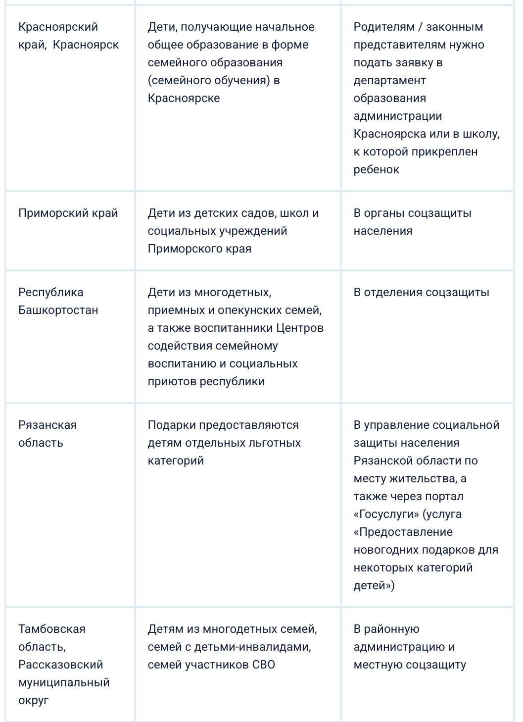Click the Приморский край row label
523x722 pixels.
[68, 213]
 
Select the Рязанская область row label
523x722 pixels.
[48, 434]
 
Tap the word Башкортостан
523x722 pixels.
[58, 310]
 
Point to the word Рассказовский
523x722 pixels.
[60, 665]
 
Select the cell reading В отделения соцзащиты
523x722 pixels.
[421, 293]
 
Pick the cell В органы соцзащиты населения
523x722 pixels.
[412, 222]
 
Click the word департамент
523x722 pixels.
[389, 81]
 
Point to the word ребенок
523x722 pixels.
[376, 170]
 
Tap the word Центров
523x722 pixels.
[300, 328]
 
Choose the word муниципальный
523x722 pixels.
[64, 683]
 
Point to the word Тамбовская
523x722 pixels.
[52, 629]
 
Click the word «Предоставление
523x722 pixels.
[403, 532]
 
